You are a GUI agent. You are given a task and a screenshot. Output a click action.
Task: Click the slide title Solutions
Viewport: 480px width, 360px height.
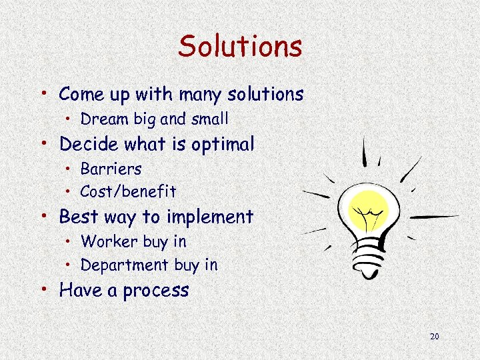tap(240, 47)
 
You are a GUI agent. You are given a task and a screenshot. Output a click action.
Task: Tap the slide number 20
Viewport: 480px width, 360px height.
tap(435, 337)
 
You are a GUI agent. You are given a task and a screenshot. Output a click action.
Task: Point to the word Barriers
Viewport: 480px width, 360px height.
tap(111, 169)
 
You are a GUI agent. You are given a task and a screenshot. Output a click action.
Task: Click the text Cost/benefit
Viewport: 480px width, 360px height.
tap(128, 192)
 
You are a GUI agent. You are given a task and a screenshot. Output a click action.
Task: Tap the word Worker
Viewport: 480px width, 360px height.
tap(105, 241)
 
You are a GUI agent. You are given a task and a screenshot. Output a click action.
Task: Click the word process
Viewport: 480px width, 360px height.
tap(156, 291)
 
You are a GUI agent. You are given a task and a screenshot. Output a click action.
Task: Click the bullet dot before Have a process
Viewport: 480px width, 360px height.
tap(45, 288)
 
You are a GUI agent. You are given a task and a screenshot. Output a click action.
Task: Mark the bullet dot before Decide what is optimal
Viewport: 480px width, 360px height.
tap(45, 142)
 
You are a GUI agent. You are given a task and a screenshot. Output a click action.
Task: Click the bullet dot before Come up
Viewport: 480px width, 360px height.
tap(45, 92)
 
